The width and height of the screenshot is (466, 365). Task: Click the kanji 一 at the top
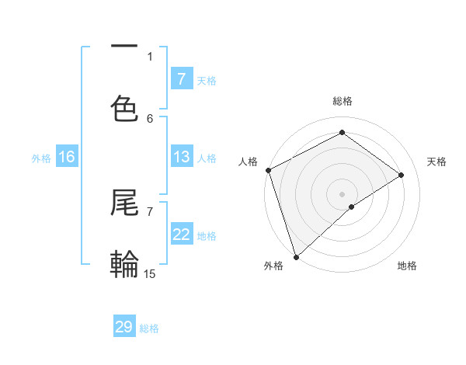(124, 47)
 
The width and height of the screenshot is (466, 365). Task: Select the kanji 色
(124, 108)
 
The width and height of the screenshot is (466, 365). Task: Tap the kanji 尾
(124, 204)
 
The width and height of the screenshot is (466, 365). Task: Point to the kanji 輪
(124, 264)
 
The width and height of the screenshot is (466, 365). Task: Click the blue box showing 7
(181, 79)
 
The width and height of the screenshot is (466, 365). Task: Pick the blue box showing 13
(181, 157)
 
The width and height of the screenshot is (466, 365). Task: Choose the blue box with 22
(181, 235)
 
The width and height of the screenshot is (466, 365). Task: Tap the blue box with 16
(67, 157)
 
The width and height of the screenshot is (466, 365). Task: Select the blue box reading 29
(124, 327)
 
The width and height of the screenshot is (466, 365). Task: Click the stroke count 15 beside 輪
(150, 273)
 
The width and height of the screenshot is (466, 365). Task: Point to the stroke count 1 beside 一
(150, 56)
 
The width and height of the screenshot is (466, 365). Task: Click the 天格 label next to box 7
(207, 80)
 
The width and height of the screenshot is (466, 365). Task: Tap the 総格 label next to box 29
(149, 328)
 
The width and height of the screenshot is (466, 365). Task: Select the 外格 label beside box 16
(41, 158)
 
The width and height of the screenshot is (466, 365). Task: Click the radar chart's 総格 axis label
(343, 101)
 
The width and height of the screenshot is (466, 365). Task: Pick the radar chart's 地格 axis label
(407, 266)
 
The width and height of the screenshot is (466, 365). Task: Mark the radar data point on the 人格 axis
(268, 170)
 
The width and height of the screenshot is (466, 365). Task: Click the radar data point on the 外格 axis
(296, 256)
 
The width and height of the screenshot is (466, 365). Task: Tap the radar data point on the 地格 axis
(352, 207)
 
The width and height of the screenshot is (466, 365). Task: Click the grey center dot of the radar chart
(342, 193)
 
